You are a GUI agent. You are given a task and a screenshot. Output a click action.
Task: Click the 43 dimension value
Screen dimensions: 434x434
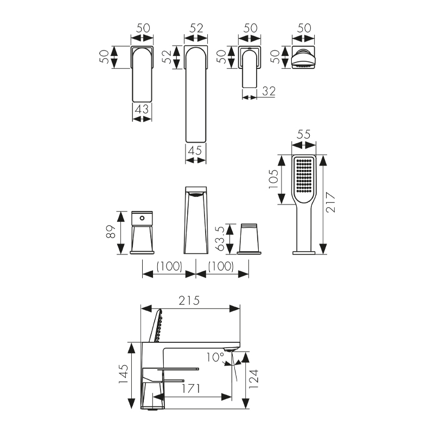142,109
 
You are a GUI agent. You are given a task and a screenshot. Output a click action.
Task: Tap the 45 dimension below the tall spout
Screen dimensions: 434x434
195,151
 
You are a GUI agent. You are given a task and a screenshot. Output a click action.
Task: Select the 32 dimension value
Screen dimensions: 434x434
269,91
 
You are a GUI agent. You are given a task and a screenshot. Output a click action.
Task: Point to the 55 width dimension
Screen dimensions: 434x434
304,135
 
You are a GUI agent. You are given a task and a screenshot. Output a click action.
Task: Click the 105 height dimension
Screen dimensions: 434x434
273,179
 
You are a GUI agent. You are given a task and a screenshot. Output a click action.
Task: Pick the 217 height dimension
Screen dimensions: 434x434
330,202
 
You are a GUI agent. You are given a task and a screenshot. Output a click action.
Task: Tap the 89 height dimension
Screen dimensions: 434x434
111,232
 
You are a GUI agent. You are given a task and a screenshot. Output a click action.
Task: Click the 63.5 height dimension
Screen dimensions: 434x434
220,238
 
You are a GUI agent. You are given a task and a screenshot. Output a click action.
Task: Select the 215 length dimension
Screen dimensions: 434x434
189,301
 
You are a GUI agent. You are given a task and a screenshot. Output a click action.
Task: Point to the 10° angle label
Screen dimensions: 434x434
215,357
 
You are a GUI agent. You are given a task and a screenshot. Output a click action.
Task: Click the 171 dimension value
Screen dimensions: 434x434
191,388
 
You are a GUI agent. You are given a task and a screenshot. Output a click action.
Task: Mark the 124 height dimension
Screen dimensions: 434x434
253,379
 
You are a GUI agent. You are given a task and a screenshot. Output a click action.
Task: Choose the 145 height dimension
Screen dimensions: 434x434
124,374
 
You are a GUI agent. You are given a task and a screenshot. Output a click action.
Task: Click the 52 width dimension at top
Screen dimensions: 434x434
196,28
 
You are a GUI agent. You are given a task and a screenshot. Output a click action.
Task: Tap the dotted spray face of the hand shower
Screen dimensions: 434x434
304,176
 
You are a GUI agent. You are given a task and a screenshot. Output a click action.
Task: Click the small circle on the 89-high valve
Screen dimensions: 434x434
142,219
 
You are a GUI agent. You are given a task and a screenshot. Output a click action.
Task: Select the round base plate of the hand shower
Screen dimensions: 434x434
304,253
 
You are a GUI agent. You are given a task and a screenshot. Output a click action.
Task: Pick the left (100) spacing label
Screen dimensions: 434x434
169,266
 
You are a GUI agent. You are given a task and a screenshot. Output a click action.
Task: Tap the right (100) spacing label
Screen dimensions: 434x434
221,266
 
